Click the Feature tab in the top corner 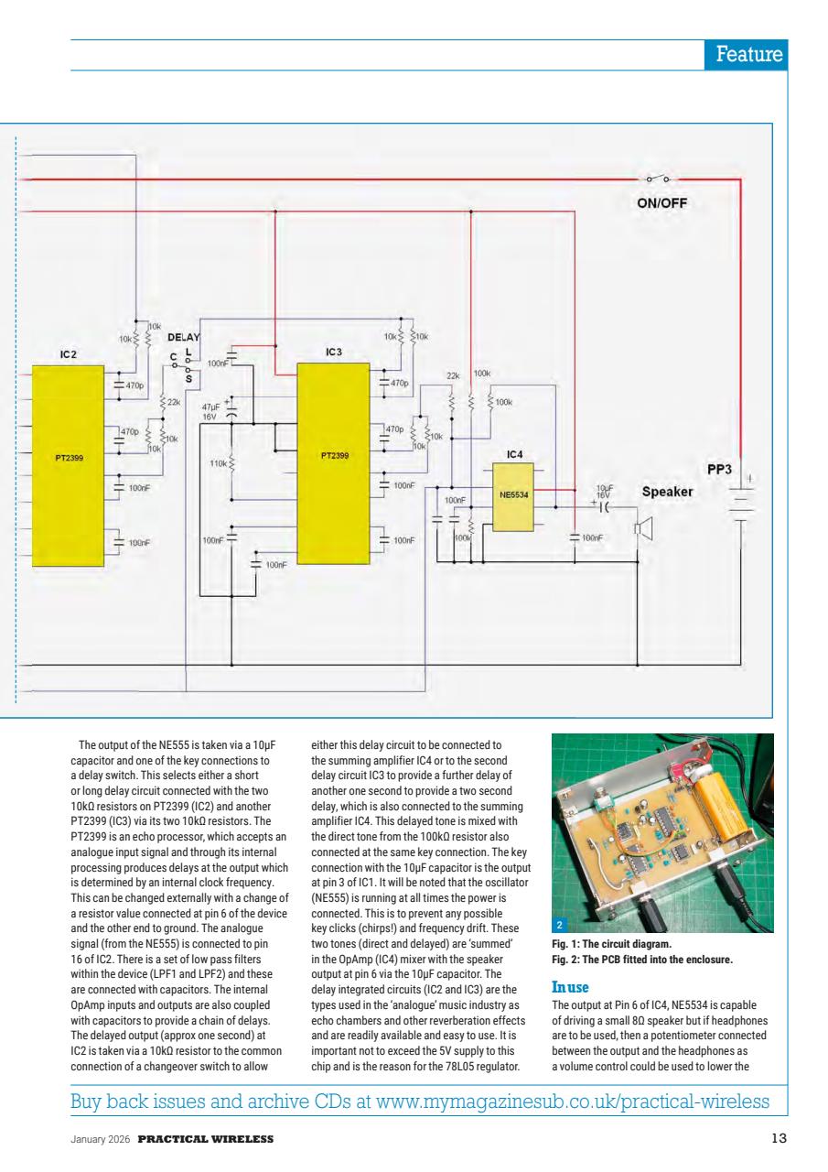(x=747, y=54)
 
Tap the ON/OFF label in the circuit (x=661, y=204)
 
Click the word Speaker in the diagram (x=666, y=492)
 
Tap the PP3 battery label (x=721, y=469)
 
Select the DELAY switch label (x=183, y=338)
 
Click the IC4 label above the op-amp (x=514, y=454)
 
